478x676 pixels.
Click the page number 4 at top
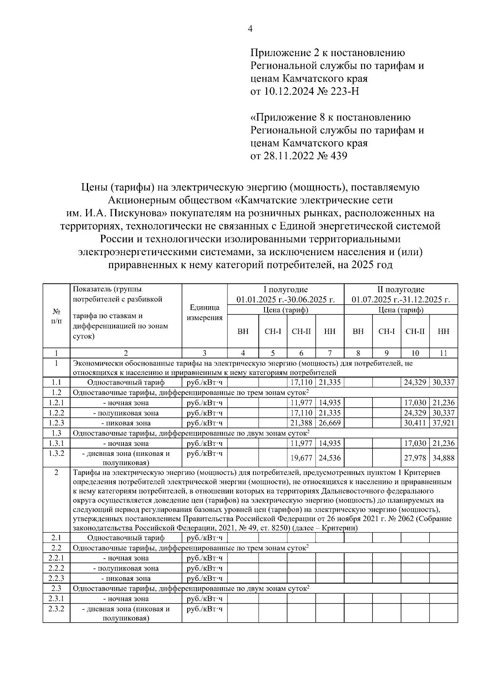[250, 29]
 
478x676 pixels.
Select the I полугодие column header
[285, 289]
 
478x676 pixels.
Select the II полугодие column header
[401, 289]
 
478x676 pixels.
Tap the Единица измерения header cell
[204, 313]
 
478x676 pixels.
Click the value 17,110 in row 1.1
[301, 383]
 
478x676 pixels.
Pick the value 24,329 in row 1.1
[415, 383]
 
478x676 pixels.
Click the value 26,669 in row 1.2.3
[329, 423]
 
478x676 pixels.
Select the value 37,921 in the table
[443, 423]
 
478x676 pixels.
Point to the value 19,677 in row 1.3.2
[301, 458]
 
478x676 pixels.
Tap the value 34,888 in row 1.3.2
[443, 458]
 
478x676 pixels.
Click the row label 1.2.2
[56, 413]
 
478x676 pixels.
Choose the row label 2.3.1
[56, 598]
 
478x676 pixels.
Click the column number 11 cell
[443, 353]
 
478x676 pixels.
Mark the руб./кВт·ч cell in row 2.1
[204, 538]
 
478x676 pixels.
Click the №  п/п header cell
[56, 316]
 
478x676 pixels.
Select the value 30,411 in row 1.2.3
[415, 423]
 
